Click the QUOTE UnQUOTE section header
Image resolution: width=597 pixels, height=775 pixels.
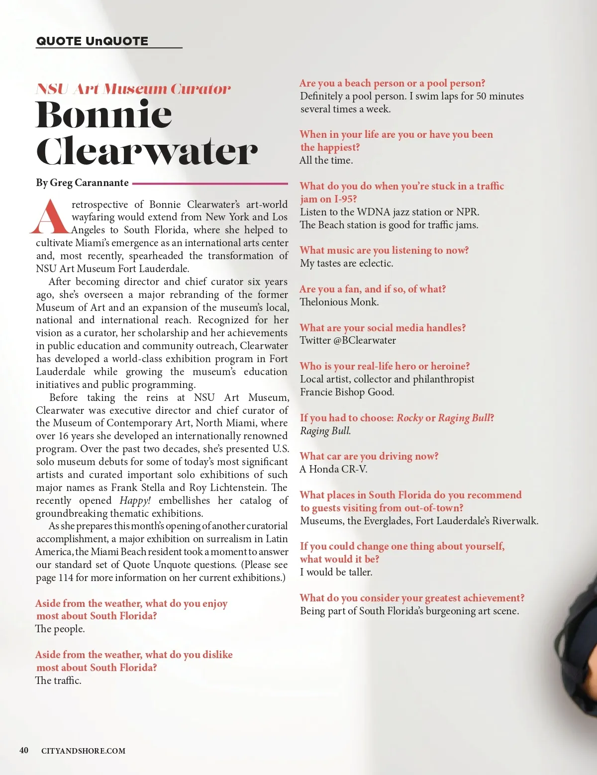[92, 41]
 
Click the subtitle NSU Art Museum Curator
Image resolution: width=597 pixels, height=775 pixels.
[133, 89]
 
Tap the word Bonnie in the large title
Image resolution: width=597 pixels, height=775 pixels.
[104, 115]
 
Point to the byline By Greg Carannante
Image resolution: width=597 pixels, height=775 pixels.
[82, 183]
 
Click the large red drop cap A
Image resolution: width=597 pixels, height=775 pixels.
[50, 217]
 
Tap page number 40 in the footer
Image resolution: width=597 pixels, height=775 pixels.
[24, 751]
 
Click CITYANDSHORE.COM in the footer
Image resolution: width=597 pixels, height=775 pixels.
[83, 751]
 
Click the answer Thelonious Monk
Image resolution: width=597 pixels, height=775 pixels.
[339, 302]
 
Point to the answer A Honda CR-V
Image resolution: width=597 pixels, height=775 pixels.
[333, 469]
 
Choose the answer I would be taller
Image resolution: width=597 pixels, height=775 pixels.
[336, 572]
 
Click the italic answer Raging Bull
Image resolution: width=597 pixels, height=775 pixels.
[325, 431]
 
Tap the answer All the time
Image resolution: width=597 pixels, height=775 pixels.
[326, 160]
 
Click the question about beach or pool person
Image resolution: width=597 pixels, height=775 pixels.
[392, 83]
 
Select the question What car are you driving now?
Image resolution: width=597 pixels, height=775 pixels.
[369, 456]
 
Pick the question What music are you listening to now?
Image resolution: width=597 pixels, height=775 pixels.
[384, 250]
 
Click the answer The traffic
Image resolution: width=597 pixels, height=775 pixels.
[58, 680]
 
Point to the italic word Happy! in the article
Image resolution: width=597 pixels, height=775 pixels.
[135, 500]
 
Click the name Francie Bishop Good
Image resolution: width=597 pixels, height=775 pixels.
[347, 392]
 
